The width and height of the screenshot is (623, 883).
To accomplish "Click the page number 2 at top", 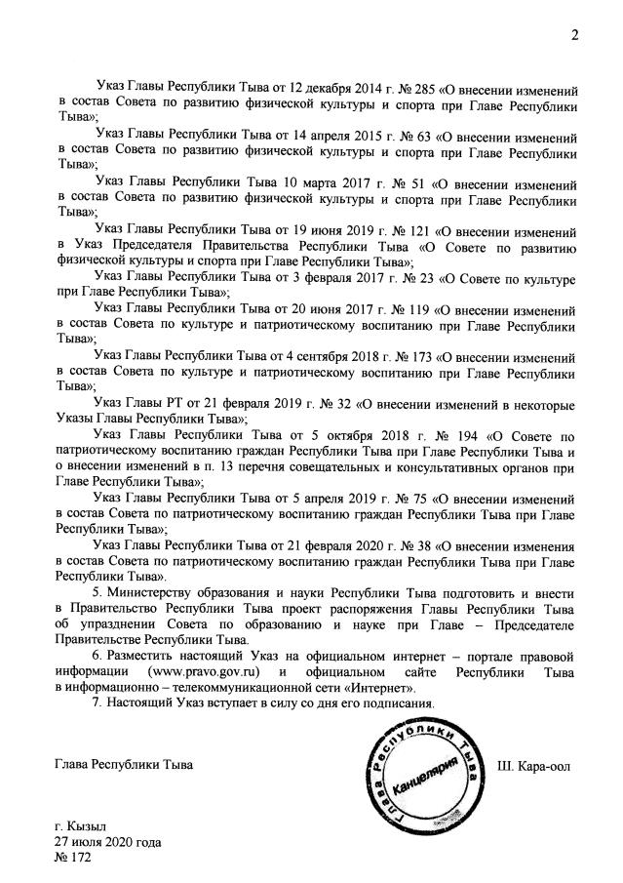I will [575, 36].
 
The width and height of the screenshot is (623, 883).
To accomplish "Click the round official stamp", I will [422, 773].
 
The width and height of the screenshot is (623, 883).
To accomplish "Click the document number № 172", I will [74, 859].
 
